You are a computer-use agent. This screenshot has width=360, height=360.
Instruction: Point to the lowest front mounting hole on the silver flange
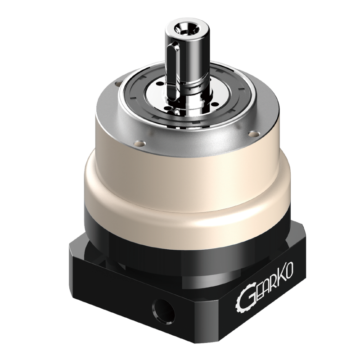pyautogui.click(x=138, y=143)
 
